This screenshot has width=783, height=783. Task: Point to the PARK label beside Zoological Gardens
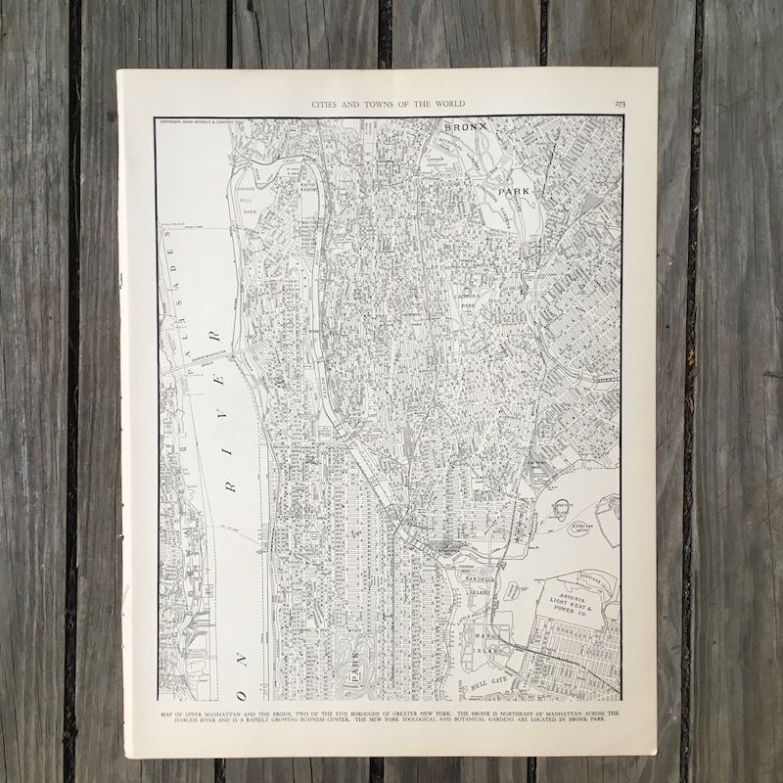click(x=515, y=193)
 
